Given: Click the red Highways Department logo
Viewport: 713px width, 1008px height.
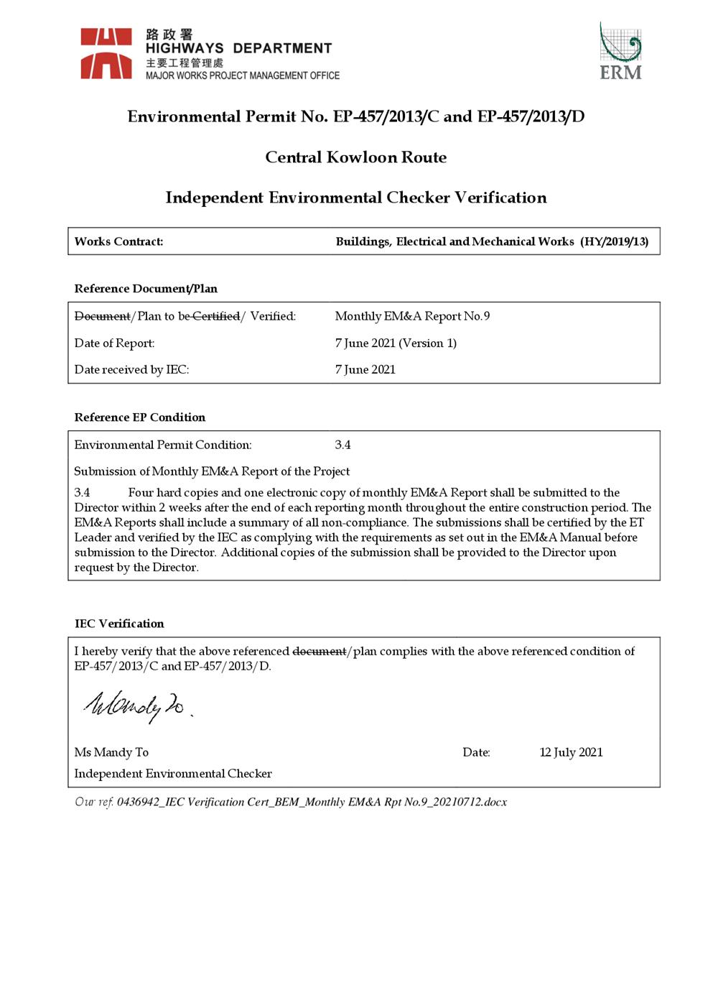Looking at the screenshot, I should click(106, 53).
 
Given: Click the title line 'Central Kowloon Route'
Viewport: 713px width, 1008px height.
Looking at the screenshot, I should click(355, 157).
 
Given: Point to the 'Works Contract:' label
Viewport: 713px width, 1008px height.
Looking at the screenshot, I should click(118, 242).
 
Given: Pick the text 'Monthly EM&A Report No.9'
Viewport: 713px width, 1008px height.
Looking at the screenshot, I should click(412, 316).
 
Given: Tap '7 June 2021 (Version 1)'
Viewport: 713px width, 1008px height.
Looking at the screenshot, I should click(396, 343).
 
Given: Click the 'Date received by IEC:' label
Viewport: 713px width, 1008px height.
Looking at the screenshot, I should click(131, 369).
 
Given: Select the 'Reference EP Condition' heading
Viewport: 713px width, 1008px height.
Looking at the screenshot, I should click(139, 417).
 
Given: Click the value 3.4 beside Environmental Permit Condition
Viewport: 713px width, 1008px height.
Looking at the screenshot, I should click(342, 445).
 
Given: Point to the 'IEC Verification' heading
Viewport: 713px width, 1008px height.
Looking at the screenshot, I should click(119, 624).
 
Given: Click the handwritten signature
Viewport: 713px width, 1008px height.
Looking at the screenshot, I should click(136, 706).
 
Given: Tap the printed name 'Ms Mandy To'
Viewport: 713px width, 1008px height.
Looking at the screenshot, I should click(111, 752).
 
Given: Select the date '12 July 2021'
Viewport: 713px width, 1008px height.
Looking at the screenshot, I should click(571, 752).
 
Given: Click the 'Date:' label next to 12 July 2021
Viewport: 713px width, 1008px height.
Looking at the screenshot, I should click(476, 752).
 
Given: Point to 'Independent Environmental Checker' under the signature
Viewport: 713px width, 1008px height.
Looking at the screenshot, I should click(173, 774).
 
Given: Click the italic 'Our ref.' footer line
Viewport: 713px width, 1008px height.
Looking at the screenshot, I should click(291, 802).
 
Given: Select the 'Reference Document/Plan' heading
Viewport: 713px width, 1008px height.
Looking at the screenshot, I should click(146, 289).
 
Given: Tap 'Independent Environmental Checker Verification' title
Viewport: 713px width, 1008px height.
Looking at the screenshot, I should click(355, 198).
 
